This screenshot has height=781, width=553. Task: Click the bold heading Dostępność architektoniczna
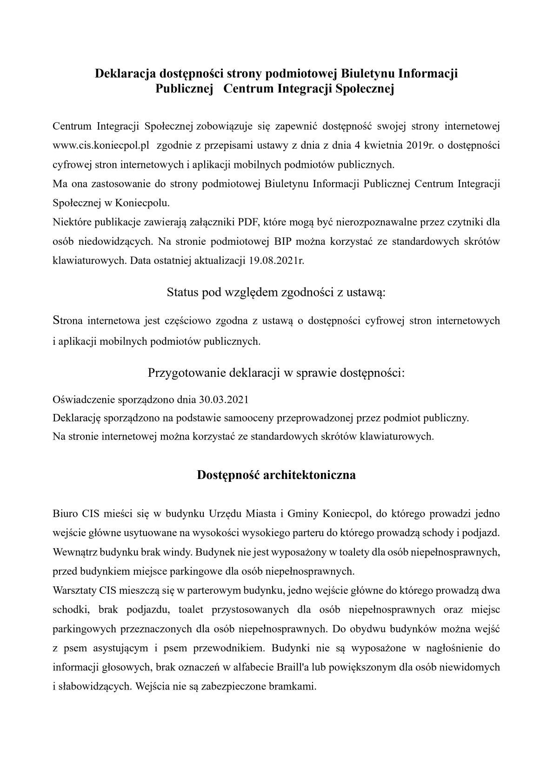(x=276, y=475)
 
